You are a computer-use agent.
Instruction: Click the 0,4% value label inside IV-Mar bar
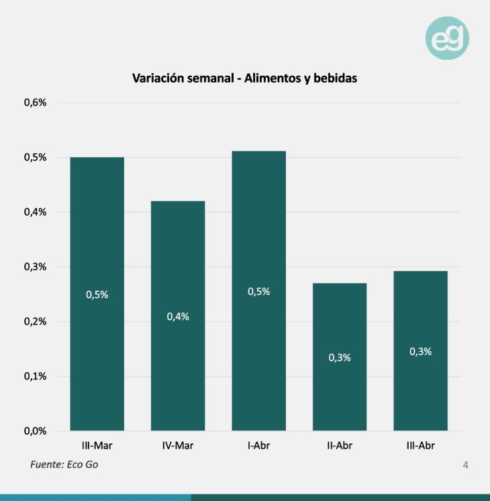point(178,316)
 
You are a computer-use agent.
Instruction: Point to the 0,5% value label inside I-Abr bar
point(258,291)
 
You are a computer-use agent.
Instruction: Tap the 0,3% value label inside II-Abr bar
point(340,357)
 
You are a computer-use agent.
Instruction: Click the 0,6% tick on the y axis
point(36,103)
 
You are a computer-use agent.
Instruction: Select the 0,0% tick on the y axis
point(36,431)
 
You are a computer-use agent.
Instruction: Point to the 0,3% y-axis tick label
point(36,267)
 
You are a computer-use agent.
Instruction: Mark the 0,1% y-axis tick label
point(36,376)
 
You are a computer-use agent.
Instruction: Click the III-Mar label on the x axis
point(97,445)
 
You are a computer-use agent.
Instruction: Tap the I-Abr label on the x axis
point(258,445)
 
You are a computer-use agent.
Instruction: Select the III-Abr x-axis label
point(420,445)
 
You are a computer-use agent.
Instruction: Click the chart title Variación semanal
point(244,78)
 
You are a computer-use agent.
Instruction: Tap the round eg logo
point(447,38)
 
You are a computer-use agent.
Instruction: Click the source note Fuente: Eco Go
point(64,464)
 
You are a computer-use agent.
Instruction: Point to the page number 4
point(466,465)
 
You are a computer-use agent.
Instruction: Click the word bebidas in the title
point(334,78)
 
